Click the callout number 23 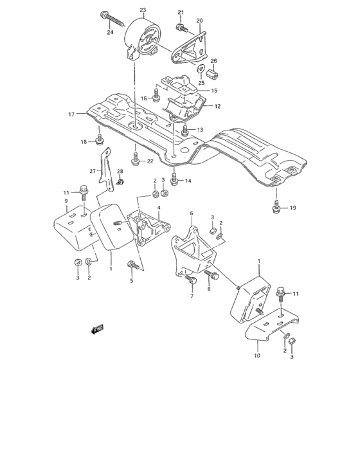point(143,10)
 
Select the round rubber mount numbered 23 point(143,39)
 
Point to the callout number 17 point(71,114)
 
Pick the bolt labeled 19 point(275,206)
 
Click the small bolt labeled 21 point(181,27)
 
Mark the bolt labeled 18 point(100,138)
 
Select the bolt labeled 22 point(136,159)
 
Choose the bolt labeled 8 point(213,276)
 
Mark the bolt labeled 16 point(156,98)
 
